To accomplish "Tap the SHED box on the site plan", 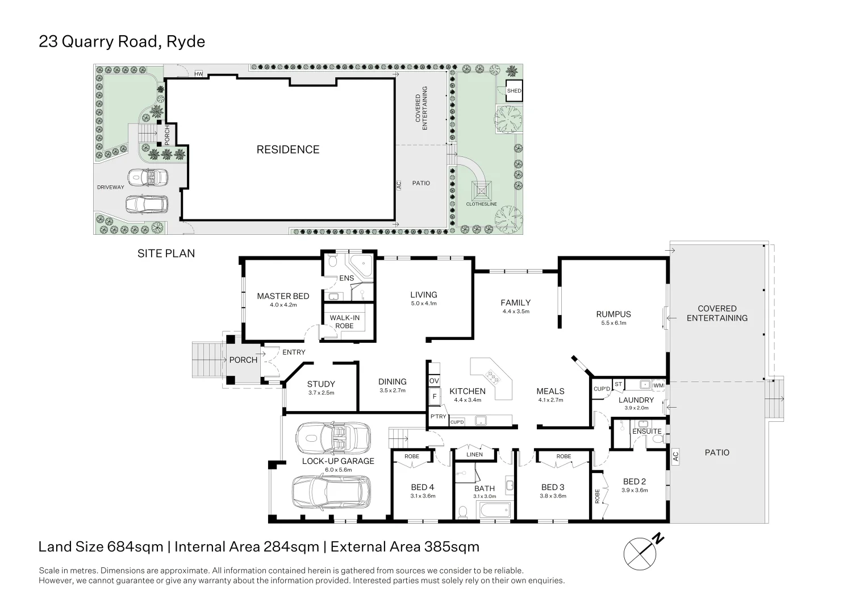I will tap(514, 91).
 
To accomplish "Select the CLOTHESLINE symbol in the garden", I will tap(481, 189).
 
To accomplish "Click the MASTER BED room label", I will tap(283, 296).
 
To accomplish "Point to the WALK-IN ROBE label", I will tap(344, 322).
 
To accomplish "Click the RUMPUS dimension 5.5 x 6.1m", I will tap(614, 323).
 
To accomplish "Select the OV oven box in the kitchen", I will tap(434, 381).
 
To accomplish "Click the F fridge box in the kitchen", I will tap(434, 396).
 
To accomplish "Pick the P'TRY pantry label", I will tap(438, 417).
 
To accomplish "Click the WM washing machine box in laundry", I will tap(658, 385).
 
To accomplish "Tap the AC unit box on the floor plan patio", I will tap(675, 456).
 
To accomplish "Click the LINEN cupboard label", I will tap(474, 454).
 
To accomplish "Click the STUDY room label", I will tap(321, 384).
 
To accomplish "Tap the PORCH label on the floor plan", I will tap(243, 360).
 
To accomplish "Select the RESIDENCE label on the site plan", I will tap(288, 150).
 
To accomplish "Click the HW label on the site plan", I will tap(198, 74).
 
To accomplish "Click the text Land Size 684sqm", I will tap(101, 547).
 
